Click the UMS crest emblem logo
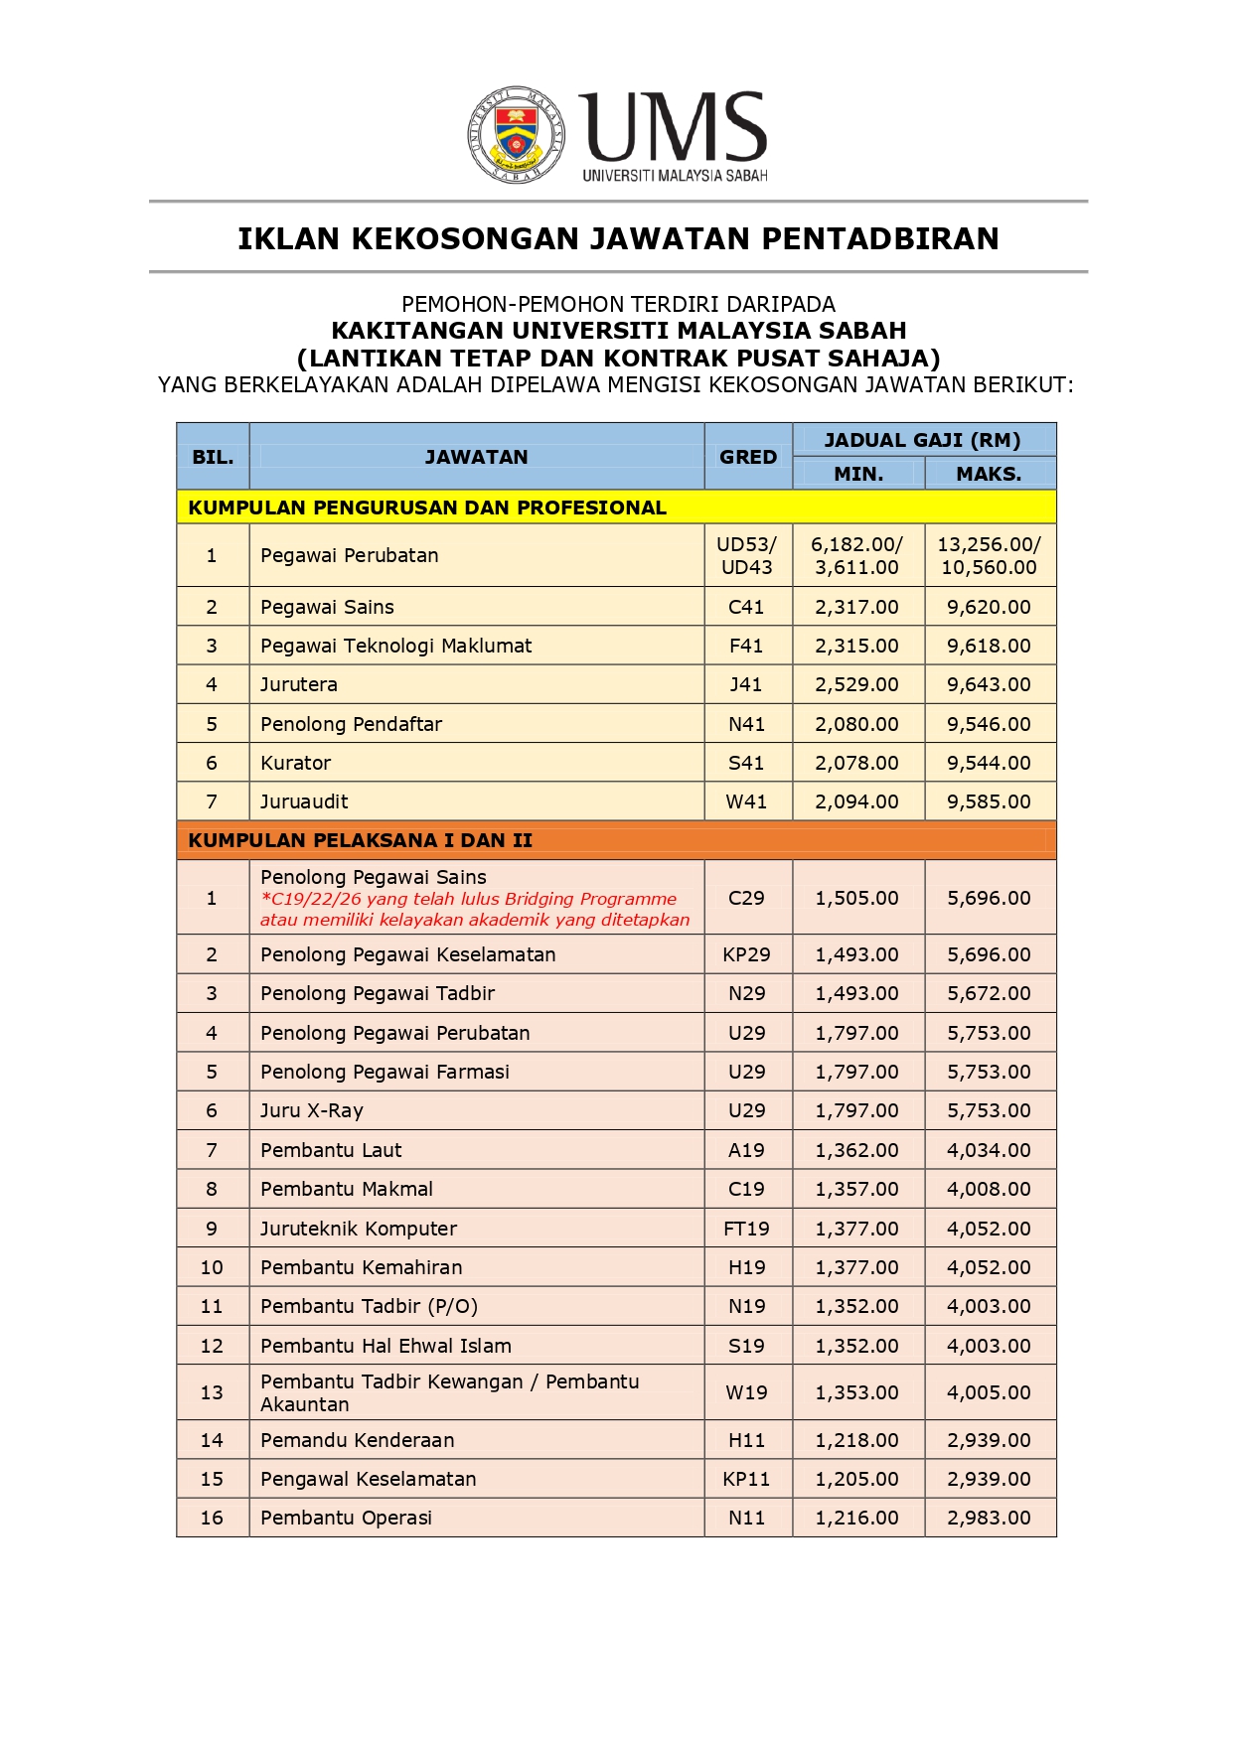coord(517,134)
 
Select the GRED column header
coord(748,457)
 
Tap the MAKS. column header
coord(989,474)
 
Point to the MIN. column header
coord(858,474)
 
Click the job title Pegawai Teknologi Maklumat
coord(395,646)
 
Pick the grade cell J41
coord(746,684)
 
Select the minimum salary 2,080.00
coord(856,724)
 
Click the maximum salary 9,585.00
coord(989,801)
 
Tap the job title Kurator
coord(295,763)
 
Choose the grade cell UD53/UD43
coord(747,555)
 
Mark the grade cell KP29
coord(746,954)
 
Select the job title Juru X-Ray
coord(312,1110)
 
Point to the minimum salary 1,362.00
coord(856,1150)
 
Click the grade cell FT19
coord(746,1229)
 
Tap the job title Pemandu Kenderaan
coord(357,1440)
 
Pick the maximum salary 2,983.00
coord(989,1518)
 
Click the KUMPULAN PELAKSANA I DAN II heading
coord(360,840)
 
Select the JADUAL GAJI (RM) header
coord(922,440)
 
